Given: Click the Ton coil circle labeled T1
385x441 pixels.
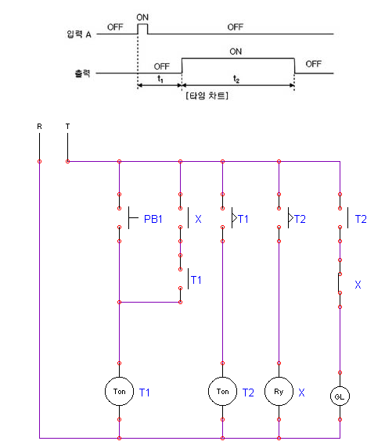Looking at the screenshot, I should click(x=119, y=390).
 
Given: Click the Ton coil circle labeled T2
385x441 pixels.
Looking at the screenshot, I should click(x=222, y=390).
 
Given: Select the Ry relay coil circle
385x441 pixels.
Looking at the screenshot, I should click(x=279, y=390).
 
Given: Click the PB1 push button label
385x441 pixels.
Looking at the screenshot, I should click(x=153, y=220).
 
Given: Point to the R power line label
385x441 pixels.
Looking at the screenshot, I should click(x=39, y=125).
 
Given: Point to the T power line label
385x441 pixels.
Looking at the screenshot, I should click(x=68, y=125).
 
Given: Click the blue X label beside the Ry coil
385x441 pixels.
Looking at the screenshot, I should click(x=302, y=391).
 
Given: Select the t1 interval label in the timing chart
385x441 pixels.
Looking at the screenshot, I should click(x=159, y=78).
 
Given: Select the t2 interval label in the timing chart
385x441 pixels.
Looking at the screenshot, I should click(x=237, y=78).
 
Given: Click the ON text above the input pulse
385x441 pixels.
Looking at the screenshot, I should click(x=142, y=16).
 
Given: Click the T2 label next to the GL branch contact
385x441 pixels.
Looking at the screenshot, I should click(x=362, y=220).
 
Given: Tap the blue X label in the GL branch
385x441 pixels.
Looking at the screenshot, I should click(x=358, y=285).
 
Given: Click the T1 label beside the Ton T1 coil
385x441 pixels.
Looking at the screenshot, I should click(x=145, y=391).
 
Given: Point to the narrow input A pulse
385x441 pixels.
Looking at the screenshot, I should click(x=142, y=30).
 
